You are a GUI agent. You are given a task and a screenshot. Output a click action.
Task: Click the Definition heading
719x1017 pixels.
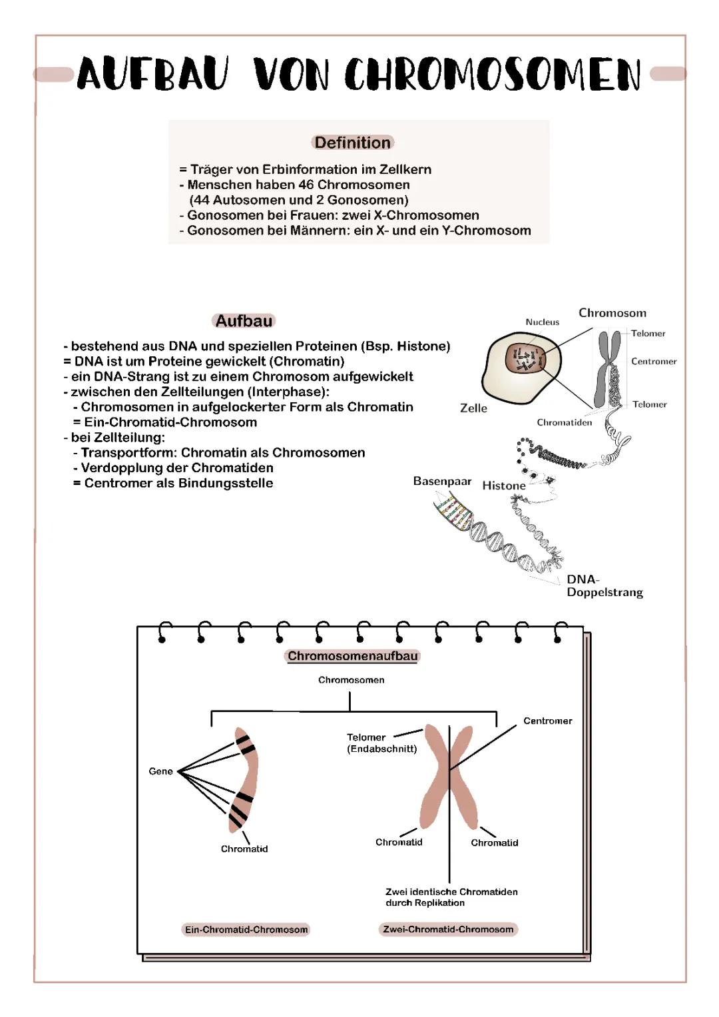pos(352,143)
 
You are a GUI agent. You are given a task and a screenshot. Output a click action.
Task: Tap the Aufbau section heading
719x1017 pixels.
pos(244,321)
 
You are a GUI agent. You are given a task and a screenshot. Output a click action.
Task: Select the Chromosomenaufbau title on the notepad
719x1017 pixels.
pos(353,656)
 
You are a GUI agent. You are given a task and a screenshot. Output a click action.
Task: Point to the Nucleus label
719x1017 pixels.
pos(542,322)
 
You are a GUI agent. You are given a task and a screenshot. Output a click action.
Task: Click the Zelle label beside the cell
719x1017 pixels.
pos(473,408)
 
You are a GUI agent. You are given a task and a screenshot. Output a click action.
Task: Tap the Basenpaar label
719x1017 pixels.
pos(442,481)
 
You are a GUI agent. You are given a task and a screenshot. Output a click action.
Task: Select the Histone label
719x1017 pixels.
pos(503,486)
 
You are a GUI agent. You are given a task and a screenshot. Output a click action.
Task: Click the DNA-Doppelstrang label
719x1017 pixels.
pos(604,586)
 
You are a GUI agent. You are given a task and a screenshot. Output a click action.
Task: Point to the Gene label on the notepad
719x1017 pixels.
pos(160,771)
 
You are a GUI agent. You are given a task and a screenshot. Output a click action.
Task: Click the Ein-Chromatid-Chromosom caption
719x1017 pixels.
pos(246,930)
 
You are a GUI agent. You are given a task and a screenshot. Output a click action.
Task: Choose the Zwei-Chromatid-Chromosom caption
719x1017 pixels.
pos(448,929)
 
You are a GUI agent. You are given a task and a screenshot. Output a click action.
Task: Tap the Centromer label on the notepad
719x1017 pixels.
pos(547,721)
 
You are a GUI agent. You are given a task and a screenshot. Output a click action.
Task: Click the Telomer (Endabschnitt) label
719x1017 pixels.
pos(381,743)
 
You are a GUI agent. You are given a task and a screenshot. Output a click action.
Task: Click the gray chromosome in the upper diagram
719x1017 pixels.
pos(608,370)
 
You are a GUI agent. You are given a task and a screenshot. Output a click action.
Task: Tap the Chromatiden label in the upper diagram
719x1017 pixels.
pos(564,422)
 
